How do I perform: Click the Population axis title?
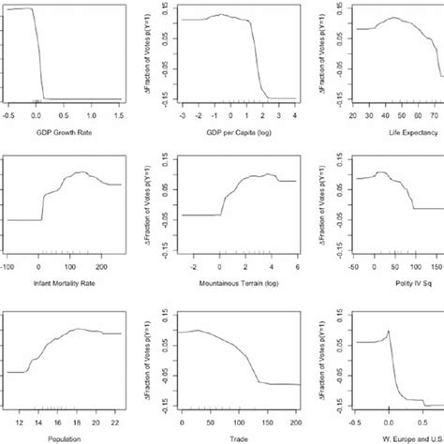pos(64,436)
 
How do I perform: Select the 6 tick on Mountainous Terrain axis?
pos(296,267)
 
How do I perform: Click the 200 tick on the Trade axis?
pos(296,417)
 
